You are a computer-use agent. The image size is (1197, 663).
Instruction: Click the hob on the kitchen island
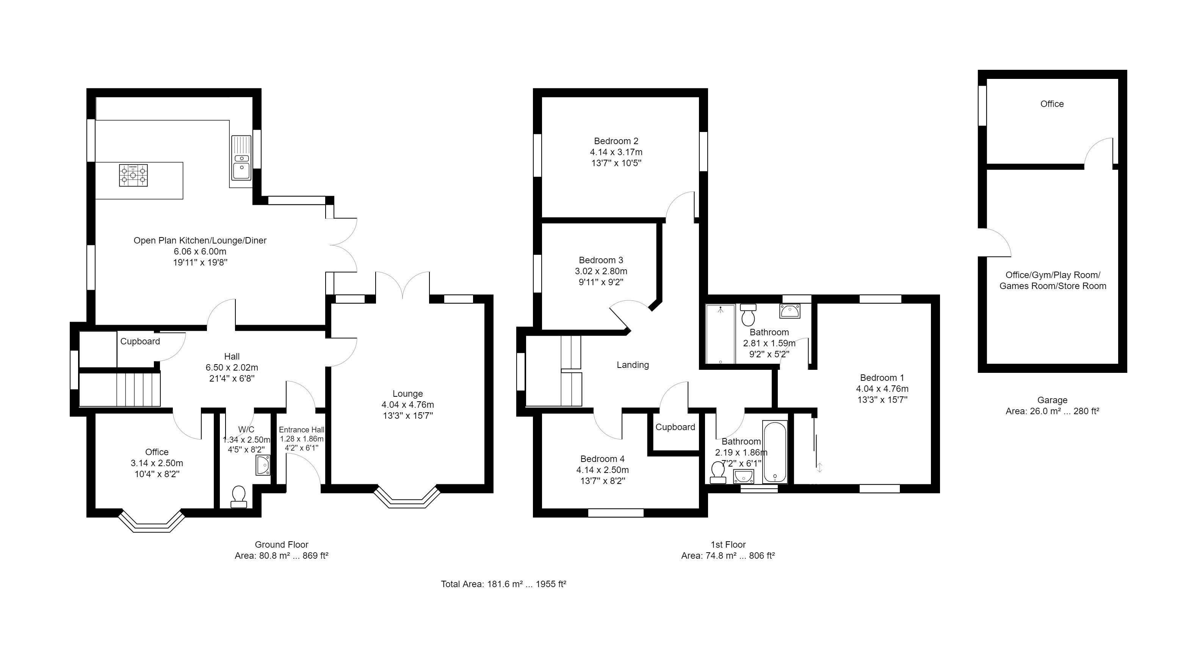tap(133, 175)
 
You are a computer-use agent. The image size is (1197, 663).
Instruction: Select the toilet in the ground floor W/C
tap(239, 496)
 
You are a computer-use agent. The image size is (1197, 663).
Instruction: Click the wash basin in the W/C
tap(263, 465)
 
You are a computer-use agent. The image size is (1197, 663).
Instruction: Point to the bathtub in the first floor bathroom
tap(775, 452)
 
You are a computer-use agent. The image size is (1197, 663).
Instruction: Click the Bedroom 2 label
tap(616, 141)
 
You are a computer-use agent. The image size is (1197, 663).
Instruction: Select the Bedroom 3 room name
tap(601, 260)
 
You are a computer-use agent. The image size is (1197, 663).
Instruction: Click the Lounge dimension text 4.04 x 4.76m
tap(407, 404)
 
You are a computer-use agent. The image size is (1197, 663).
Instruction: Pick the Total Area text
tap(503, 584)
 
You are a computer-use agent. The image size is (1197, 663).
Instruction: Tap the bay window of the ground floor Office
tap(152, 522)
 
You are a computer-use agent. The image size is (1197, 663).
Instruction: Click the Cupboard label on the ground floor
tap(140, 341)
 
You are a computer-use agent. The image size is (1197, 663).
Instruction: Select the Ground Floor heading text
tap(282, 544)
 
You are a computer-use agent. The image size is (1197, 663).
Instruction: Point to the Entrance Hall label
tap(302, 430)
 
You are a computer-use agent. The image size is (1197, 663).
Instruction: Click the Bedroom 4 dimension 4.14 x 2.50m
tap(603, 470)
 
